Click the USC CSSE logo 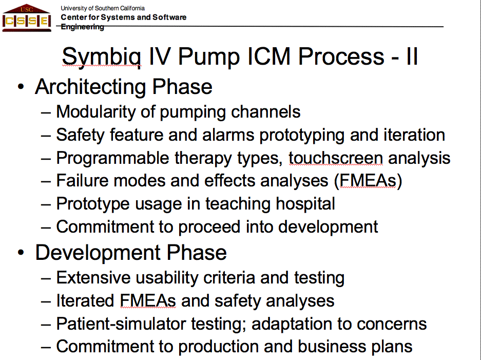[x=26, y=18]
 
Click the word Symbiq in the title [x=102, y=57]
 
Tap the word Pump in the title [x=208, y=57]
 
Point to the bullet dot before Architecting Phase [x=21, y=87]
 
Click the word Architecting [x=90, y=87]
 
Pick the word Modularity [x=95, y=112]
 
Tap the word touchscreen [x=336, y=158]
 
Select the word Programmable [x=112, y=159]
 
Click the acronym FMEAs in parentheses [x=368, y=180]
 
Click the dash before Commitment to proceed [x=46, y=228]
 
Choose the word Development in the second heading [x=98, y=253]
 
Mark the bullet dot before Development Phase [x=21, y=252]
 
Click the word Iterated [x=85, y=300]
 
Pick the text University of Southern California [x=103, y=8]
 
